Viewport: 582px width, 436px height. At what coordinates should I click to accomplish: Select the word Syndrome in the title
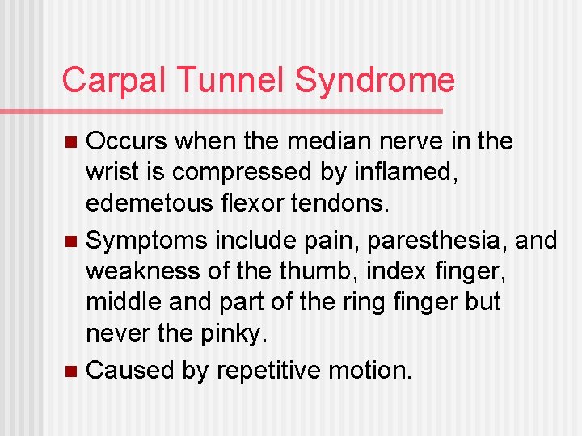[374, 81]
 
